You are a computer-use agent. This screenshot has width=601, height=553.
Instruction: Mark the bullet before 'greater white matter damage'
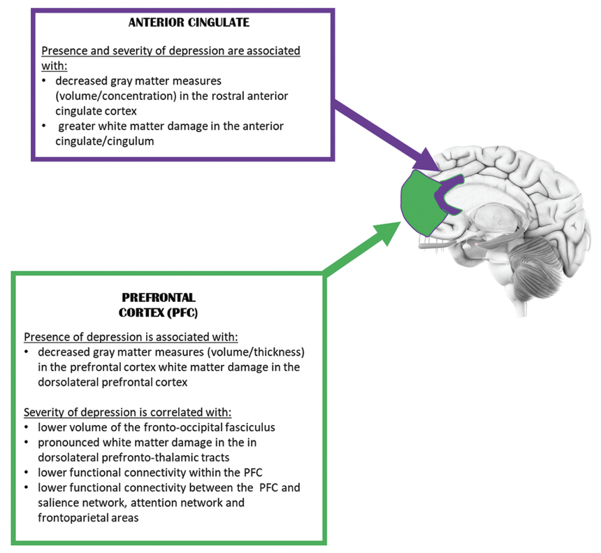(x=45, y=127)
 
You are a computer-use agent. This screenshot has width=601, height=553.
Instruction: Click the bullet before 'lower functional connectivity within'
(x=27, y=472)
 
